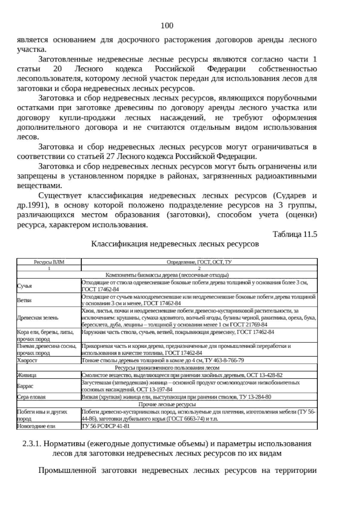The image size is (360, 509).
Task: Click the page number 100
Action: (167, 26)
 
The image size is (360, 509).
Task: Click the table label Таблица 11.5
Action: (295, 234)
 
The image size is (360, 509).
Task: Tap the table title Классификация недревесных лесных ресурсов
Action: (175, 244)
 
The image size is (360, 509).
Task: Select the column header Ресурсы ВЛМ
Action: (49, 262)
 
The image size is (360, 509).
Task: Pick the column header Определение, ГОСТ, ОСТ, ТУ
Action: (199, 262)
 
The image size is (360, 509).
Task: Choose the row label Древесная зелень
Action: (38, 318)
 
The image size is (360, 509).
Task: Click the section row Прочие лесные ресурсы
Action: (167, 404)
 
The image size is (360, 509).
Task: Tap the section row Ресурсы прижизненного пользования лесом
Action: (167, 368)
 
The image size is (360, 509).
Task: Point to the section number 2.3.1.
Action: (31, 444)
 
